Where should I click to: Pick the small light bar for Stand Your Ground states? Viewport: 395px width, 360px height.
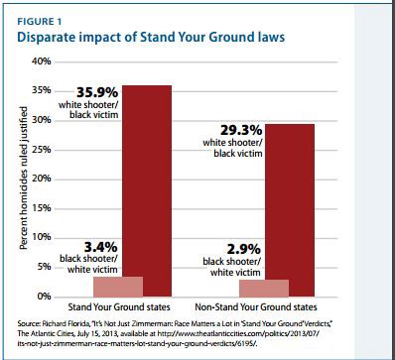[118, 287]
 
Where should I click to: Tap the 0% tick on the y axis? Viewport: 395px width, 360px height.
[44, 297]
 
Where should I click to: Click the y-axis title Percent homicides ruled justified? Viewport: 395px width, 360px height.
[21, 179]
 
